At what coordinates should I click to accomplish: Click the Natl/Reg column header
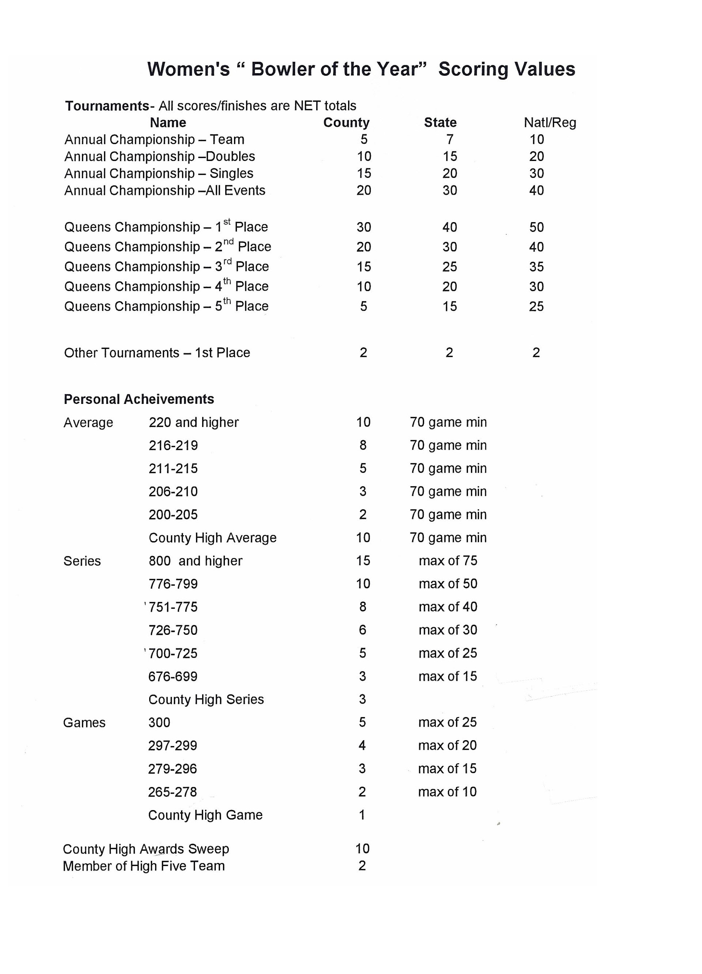coord(550,123)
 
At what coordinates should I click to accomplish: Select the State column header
coord(440,123)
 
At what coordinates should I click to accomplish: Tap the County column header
coord(346,123)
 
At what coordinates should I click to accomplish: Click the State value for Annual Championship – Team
coord(450,139)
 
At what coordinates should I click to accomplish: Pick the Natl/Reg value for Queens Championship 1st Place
coord(536,227)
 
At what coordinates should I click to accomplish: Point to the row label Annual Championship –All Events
coord(165,190)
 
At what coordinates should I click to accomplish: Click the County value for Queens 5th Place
coord(363,306)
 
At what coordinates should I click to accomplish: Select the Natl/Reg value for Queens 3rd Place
coord(536,267)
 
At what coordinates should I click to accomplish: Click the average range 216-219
coord(173,445)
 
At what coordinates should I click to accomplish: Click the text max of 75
coord(448,561)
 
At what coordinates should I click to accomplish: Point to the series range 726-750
coord(173,630)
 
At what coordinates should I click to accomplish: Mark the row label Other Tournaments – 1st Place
coord(157,353)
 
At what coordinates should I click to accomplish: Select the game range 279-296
coord(173,769)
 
